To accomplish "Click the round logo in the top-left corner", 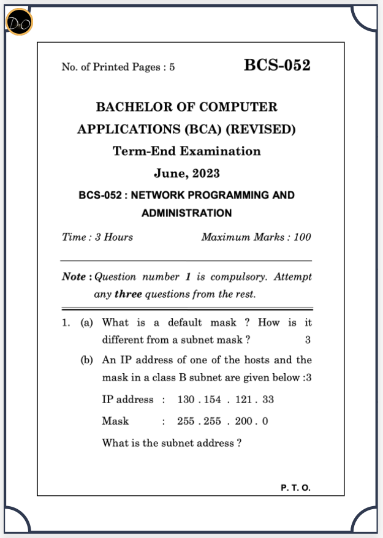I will pyautogui.click(x=19, y=23).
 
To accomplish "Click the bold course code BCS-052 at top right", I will pyautogui.click(x=277, y=66).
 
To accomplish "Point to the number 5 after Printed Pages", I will pyautogui.click(x=172, y=67).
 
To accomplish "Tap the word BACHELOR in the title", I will pyautogui.click(x=131, y=107).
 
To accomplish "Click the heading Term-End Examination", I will pyautogui.click(x=187, y=151).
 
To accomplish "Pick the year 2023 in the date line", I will pyautogui.click(x=206, y=173).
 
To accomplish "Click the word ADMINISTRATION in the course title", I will pyautogui.click(x=187, y=213).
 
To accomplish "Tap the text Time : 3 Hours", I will pyautogui.click(x=97, y=237).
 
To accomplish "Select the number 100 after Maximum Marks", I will pyautogui.click(x=302, y=237).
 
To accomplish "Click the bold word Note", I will pyautogui.click(x=74, y=277).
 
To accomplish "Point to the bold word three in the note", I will pyautogui.click(x=128, y=294).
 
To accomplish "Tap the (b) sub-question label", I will pyautogui.click(x=87, y=360).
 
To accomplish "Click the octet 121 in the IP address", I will pyautogui.click(x=244, y=400).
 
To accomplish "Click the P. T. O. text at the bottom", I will pyautogui.click(x=296, y=488).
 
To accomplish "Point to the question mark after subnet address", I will pyautogui.click(x=238, y=443).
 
